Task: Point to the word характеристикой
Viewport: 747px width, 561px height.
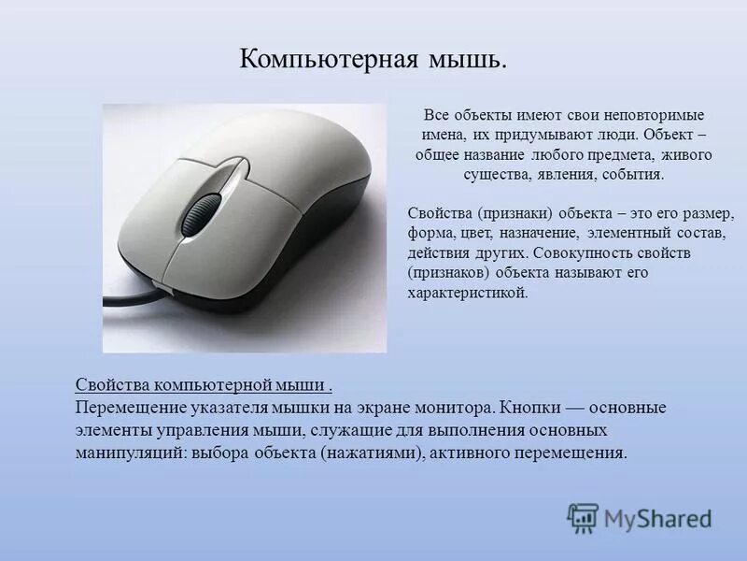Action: [x=467, y=292]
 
